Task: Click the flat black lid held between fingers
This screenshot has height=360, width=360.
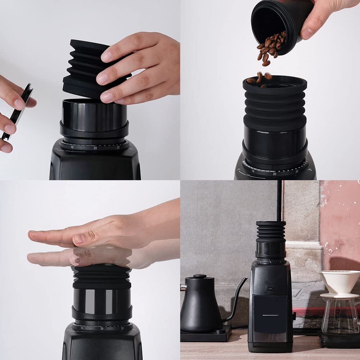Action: point(18,111)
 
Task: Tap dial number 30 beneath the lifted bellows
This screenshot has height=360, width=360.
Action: point(118,147)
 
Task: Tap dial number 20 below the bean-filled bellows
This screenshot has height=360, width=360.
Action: point(274,174)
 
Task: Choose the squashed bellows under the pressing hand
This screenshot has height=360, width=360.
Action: point(102,277)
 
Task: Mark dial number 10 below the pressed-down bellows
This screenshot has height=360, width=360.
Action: point(82,328)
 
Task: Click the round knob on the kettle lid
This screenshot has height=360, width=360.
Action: point(200,276)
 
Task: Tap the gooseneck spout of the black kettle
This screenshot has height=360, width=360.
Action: point(237,299)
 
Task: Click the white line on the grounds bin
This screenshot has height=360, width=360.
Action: point(270,315)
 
